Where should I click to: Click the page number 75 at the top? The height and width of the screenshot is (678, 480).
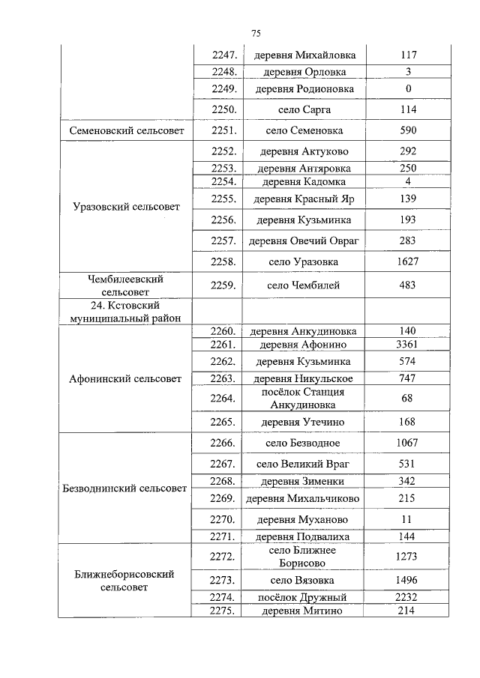256,34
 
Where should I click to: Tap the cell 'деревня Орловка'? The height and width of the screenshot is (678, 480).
304,73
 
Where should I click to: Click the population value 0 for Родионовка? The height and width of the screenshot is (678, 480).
408,89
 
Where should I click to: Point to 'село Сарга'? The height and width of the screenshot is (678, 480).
304,109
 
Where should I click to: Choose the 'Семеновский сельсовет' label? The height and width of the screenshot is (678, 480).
127,130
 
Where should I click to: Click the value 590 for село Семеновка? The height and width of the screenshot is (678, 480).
408,130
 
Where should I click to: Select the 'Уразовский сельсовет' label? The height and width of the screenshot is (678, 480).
127,206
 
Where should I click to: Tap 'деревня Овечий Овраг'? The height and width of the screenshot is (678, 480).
304,241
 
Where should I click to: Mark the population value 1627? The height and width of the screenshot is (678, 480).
408,261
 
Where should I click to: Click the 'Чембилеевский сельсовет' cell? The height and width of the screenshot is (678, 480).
127,285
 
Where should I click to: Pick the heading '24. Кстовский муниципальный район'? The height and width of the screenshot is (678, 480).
127,312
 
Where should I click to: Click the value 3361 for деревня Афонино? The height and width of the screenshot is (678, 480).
408,345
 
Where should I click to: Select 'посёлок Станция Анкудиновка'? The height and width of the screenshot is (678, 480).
304,399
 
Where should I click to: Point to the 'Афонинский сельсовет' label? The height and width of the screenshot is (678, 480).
127,378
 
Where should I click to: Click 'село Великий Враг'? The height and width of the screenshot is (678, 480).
304,464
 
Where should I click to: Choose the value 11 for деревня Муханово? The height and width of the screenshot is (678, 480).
408,519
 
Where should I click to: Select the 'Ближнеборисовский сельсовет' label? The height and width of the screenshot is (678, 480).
127,581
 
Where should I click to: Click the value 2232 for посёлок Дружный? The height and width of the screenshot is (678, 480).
408,597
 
